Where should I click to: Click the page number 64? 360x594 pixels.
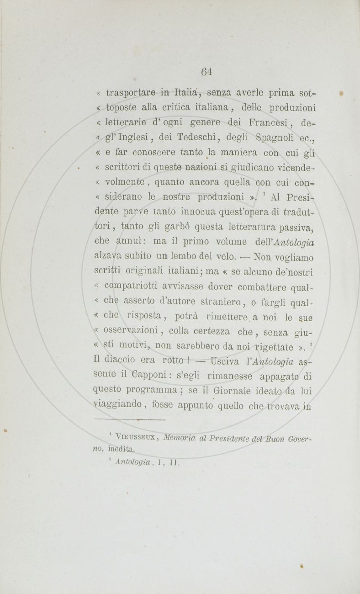(207, 71)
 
